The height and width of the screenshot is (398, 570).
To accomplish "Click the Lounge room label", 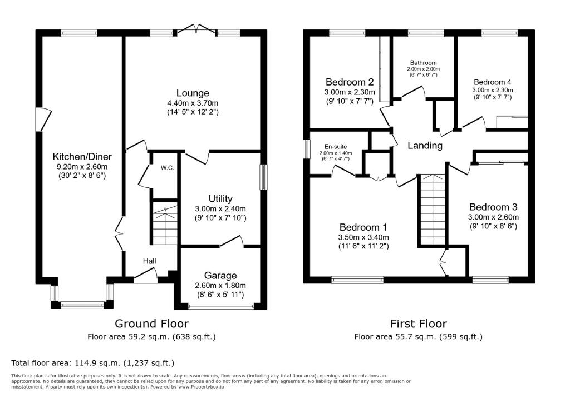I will pos(193,93).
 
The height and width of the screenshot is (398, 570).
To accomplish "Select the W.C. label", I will pos(168,167).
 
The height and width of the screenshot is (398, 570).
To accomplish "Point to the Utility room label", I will pos(220,198).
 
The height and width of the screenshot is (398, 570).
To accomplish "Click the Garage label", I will pos(220,275).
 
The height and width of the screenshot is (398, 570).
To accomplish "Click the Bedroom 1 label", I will pos(364,227).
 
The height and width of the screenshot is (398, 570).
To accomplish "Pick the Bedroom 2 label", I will pos(350,81).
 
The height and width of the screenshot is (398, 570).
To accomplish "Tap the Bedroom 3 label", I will pos(493,207).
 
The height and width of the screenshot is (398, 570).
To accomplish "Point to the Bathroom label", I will pos(424,63).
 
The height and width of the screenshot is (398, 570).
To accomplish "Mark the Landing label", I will pos(425,146).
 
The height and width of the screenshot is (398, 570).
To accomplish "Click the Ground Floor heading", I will pos(151,323).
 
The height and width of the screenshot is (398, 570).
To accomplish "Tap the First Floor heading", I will pos(418,323).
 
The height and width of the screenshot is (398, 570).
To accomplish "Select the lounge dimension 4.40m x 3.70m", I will pos(193,103).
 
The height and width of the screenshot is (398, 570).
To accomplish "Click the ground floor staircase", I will pos(165,226).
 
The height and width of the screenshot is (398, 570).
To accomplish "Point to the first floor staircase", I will pos(432,209).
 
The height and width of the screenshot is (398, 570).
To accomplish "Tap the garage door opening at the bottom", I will pos(220,306).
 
